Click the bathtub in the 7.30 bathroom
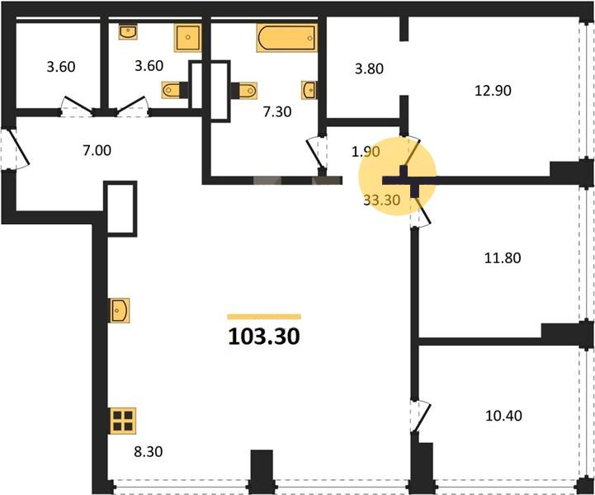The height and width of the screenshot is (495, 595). pyautogui.click(x=287, y=38)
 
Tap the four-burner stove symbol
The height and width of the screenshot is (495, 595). pyautogui.click(x=123, y=421)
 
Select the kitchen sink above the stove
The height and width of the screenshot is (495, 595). pyautogui.click(x=120, y=310)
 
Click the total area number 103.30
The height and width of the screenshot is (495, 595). pyautogui.click(x=264, y=336)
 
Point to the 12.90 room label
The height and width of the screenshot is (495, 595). pyautogui.click(x=493, y=90)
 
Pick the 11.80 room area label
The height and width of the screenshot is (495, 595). pyautogui.click(x=503, y=258)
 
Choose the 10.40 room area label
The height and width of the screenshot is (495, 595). pyautogui.click(x=503, y=416)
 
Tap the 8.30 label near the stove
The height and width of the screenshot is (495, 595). pyautogui.click(x=149, y=451)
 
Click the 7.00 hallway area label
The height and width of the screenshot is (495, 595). pyautogui.click(x=97, y=150)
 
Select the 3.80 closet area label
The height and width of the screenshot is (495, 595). pyautogui.click(x=369, y=68)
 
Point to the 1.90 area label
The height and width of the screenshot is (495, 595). pyautogui.click(x=366, y=151)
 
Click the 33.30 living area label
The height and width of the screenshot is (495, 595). pyautogui.click(x=382, y=200)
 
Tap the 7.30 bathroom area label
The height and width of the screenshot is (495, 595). pyautogui.click(x=277, y=111)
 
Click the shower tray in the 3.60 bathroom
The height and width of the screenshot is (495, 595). pyautogui.click(x=188, y=38)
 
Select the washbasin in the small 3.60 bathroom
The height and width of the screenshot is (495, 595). pyautogui.click(x=128, y=32)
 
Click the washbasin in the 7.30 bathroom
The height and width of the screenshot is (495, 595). pyautogui.click(x=309, y=90)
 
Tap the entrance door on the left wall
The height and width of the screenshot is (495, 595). pyautogui.click(x=15, y=148)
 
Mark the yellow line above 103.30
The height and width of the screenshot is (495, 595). pyautogui.click(x=264, y=317)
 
